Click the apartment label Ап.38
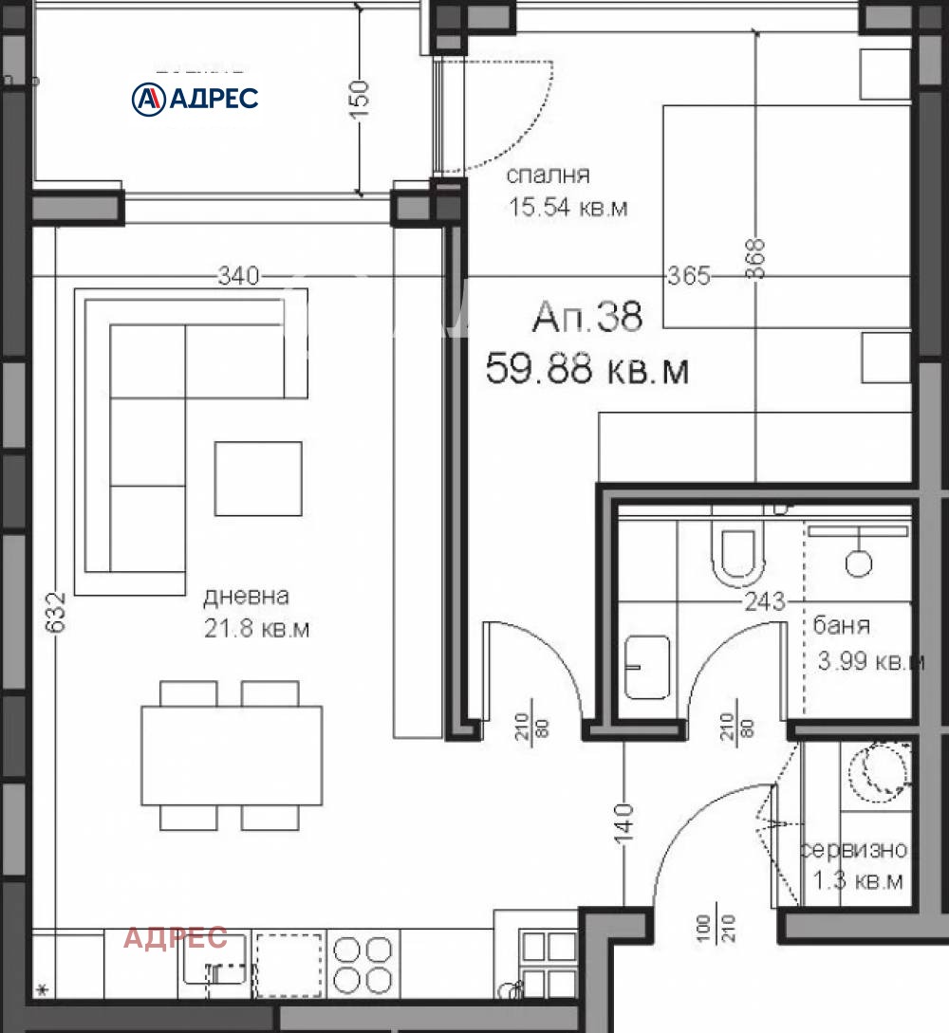point(587,317)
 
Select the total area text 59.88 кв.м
point(586,368)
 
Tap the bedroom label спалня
point(548,175)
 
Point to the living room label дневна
point(246,597)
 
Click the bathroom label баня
point(842,625)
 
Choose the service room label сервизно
point(854,850)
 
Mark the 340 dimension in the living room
point(238,276)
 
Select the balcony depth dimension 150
point(359,99)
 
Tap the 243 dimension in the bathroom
point(765,600)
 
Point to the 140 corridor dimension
point(623,823)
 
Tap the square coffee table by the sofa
point(258,479)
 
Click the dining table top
point(232,755)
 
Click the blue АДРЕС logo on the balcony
point(195,98)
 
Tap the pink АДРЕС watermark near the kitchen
point(176,938)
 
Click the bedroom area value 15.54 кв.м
point(567,208)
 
